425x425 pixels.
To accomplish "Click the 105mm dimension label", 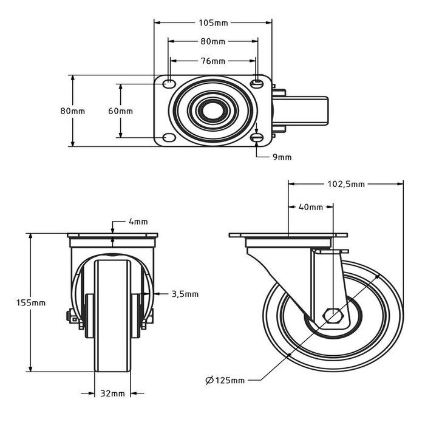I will pos(213,23).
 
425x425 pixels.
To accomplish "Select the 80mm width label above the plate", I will pos(213,42).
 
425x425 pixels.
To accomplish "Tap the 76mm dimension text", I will pos(213,61).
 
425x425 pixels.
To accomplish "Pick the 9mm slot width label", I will pos(282,157).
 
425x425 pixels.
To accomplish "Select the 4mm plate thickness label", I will pos(138,222).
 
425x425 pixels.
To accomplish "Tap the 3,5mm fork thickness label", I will pos(184,294).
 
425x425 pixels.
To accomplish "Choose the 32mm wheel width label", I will pos(112,393).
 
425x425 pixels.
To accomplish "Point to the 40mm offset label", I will pos(311,208).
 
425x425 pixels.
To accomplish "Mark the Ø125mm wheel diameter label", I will pos(225,381).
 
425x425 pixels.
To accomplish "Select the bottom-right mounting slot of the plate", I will pos(257,139).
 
